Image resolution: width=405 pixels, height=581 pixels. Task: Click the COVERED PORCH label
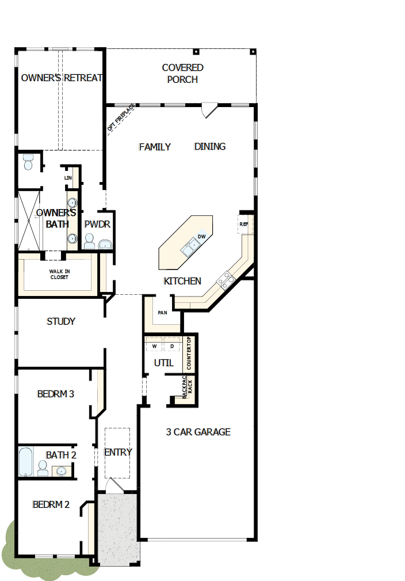click(182, 74)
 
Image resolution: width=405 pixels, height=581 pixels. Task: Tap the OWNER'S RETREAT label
click(62, 78)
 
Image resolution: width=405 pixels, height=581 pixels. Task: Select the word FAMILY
click(155, 147)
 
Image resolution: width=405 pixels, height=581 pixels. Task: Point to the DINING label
click(209, 146)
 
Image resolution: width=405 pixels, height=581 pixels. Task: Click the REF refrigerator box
click(244, 224)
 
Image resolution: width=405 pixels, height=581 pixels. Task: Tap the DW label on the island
click(202, 237)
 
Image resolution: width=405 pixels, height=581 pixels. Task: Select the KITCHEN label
click(182, 281)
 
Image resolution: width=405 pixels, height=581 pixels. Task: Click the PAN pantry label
click(162, 313)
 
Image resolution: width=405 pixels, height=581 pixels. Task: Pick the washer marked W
click(154, 346)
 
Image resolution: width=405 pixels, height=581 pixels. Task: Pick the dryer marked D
click(172, 346)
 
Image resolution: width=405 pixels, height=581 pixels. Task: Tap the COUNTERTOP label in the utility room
click(189, 354)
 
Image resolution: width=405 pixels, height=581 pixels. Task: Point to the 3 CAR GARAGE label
click(198, 432)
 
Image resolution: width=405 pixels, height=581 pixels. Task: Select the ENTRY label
click(118, 452)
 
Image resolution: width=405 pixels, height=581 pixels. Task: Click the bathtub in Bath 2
click(26, 461)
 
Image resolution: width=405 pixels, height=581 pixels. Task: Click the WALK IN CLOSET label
click(59, 274)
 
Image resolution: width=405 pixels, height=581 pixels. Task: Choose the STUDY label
click(61, 321)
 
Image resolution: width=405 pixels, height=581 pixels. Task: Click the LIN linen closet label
click(68, 178)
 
